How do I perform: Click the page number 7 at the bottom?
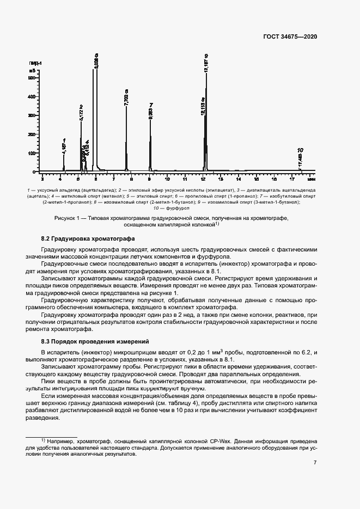[315, 462]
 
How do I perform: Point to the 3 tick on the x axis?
[42, 179]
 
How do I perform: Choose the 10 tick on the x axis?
[167, 179]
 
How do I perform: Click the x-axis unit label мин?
[311, 179]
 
